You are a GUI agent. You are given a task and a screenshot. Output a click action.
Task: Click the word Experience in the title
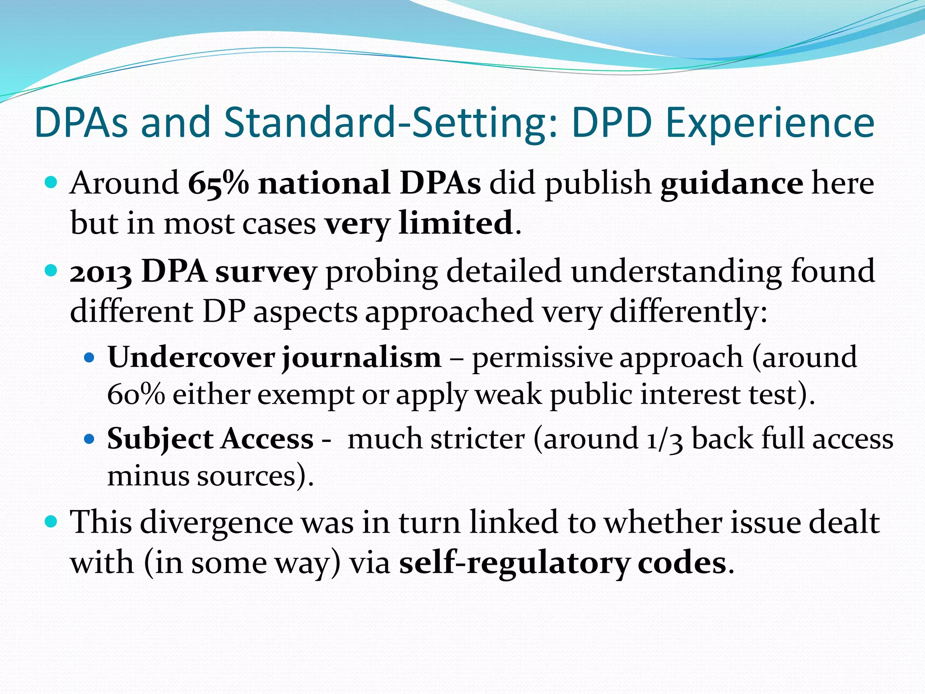(x=770, y=123)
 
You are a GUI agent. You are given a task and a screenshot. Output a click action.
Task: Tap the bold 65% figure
(x=218, y=183)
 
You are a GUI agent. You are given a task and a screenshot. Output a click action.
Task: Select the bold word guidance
(x=732, y=183)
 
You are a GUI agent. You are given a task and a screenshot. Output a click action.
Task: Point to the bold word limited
(x=456, y=223)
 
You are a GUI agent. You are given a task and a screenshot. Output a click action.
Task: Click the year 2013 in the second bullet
(x=101, y=272)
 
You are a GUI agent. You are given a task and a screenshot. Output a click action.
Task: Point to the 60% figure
(x=136, y=394)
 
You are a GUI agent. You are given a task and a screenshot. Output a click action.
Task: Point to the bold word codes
(x=682, y=563)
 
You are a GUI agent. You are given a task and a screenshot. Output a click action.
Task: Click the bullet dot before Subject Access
(x=89, y=439)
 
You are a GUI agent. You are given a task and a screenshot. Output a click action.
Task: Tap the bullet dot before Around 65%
(x=51, y=183)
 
